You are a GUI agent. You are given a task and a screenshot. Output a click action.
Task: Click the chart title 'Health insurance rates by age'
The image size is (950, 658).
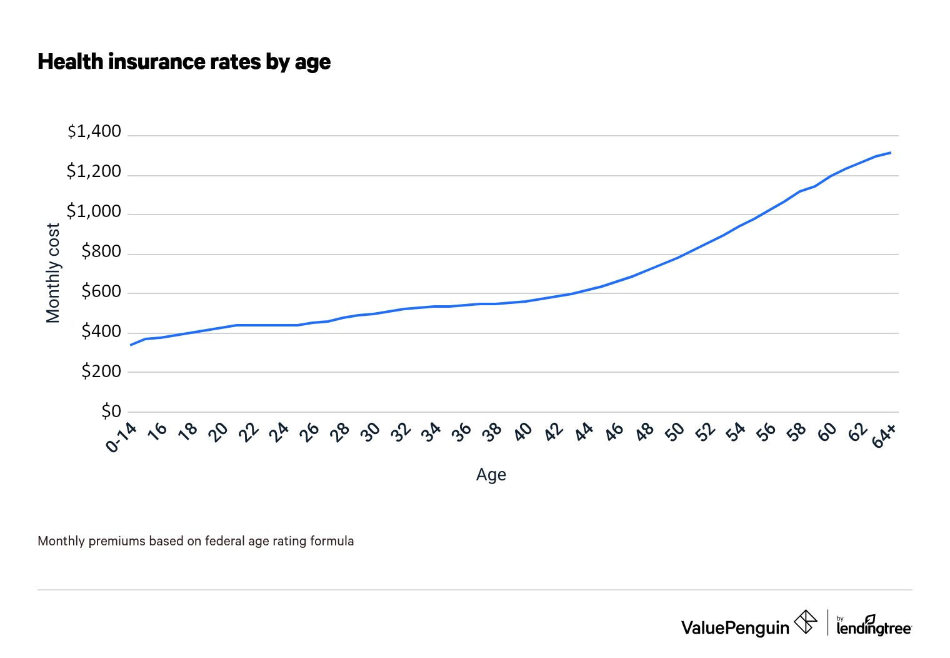click(x=184, y=62)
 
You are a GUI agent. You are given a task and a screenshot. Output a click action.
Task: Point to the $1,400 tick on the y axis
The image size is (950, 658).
click(x=94, y=132)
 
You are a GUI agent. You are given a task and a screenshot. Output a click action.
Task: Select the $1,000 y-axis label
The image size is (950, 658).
click(x=94, y=211)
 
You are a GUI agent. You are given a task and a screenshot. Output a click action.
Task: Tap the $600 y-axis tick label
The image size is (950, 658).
click(x=101, y=291)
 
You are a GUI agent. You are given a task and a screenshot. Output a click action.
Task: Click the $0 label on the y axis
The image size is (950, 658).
click(x=111, y=411)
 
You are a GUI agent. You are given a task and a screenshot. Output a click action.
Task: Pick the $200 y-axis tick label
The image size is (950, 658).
click(x=101, y=372)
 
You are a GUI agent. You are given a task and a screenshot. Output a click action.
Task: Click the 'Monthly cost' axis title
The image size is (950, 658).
click(x=54, y=273)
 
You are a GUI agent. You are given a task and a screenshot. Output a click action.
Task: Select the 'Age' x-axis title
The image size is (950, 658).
click(x=491, y=475)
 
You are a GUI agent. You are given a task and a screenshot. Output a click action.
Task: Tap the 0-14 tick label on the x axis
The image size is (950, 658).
click(x=121, y=437)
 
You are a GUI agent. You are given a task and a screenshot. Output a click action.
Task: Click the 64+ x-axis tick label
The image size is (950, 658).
click(x=884, y=435)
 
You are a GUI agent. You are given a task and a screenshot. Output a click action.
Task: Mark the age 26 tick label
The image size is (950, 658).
click(x=308, y=432)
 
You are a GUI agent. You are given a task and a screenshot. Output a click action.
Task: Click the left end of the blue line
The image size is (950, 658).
click(x=131, y=345)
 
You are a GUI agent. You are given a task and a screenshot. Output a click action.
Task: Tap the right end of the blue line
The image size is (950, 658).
click(x=890, y=153)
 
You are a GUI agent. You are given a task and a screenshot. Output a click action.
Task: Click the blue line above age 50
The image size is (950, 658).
click(x=677, y=257)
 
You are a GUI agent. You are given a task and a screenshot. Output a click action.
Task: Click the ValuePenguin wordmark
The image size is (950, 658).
click(x=735, y=627)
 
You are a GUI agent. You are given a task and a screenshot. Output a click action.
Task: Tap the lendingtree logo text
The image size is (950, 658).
click(x=874, y=628)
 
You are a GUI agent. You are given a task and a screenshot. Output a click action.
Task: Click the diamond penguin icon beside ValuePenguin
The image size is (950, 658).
click(x=805, y=622)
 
